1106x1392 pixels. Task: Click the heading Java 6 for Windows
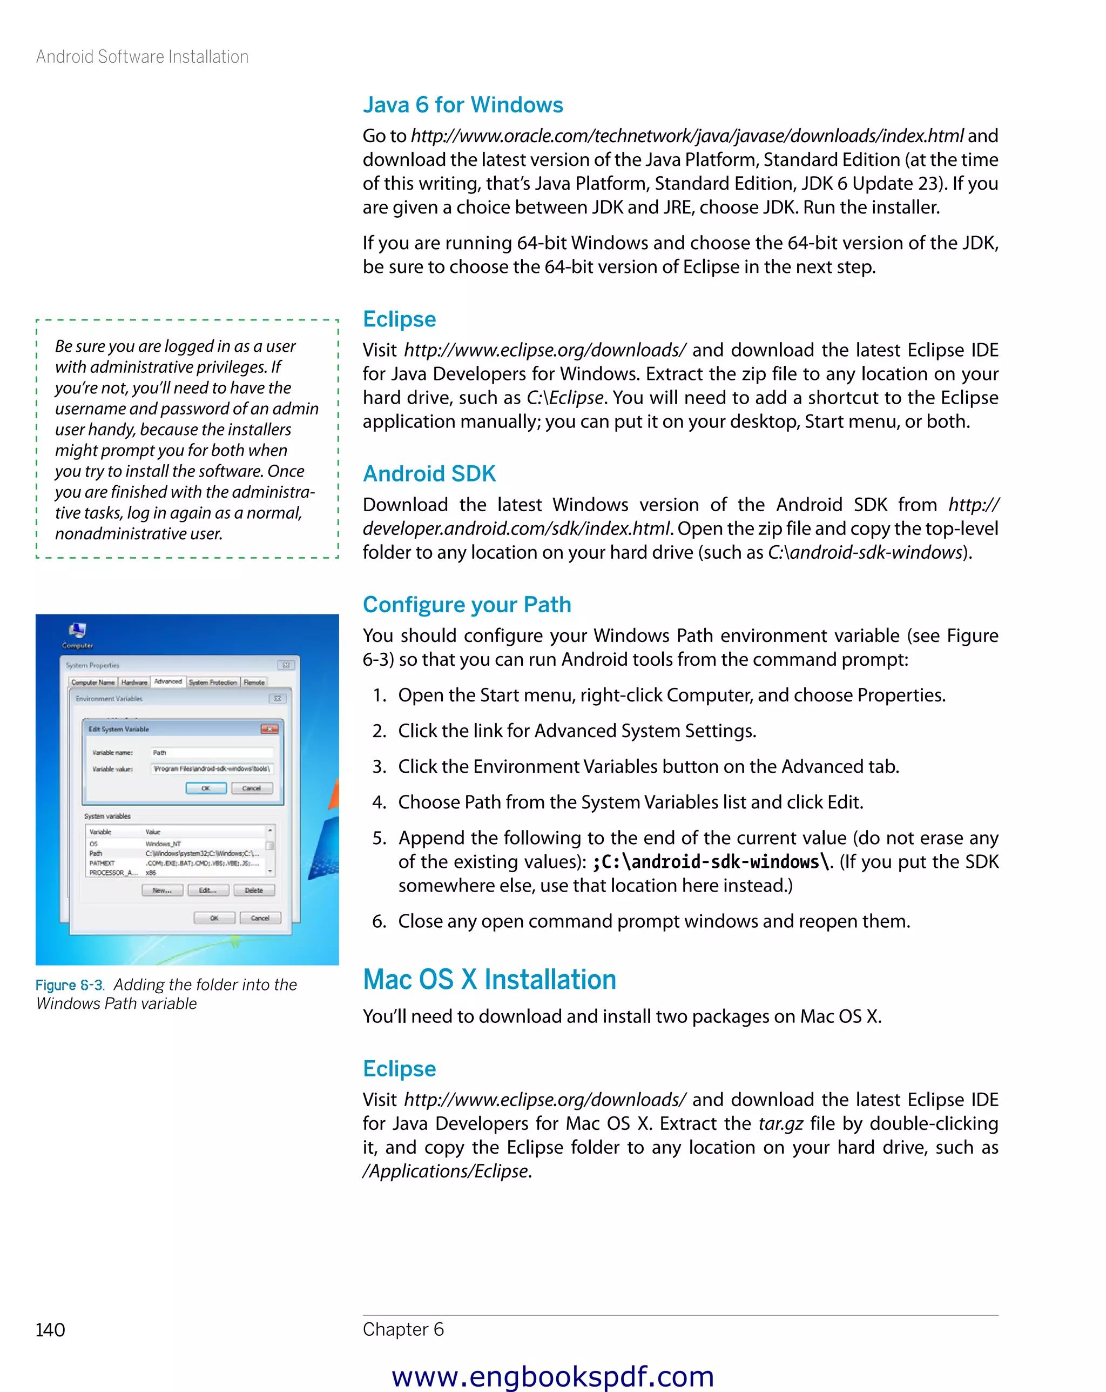click(462, 105)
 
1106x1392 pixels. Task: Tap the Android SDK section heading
click(429, 473)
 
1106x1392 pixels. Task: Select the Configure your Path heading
click(467, 604)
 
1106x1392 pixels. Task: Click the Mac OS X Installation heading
click(489, 980)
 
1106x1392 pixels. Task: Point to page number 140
click(50, 1330)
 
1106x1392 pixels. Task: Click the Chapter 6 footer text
click(403, 1329)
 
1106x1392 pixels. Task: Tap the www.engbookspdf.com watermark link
click(552, 1376)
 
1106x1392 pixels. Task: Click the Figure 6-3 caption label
click(69, 985)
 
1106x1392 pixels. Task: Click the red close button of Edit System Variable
click(269, 729)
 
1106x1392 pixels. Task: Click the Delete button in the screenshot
click(254, 891)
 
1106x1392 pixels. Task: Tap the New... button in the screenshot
click(162, 891)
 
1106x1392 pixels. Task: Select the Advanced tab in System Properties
click(168, 681)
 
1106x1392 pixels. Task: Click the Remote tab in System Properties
click(254, 682)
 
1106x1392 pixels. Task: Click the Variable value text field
click(212, 768)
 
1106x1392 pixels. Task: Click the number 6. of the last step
click(379, 921)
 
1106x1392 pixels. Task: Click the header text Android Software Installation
click(142, 57)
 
